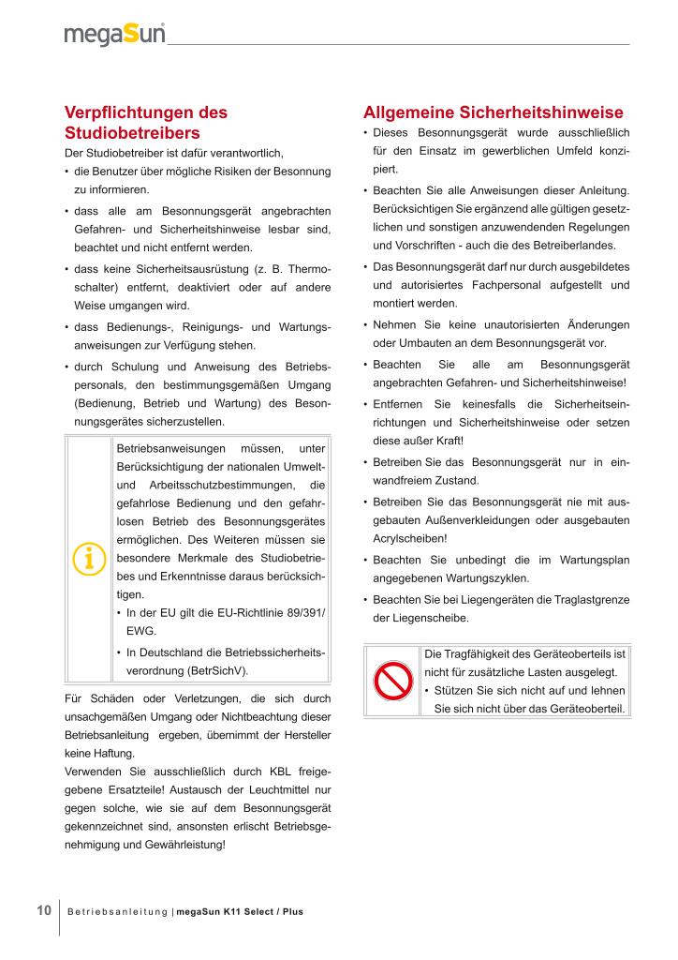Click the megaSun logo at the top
click(x=115, y=35)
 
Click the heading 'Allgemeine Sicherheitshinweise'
click(x=493, y=112)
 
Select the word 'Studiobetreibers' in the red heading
click(x=132, y=132)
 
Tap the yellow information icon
click(x=88, y=558)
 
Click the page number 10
click(x=43, y=910)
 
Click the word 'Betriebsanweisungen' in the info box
click(x=170, y=448)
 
